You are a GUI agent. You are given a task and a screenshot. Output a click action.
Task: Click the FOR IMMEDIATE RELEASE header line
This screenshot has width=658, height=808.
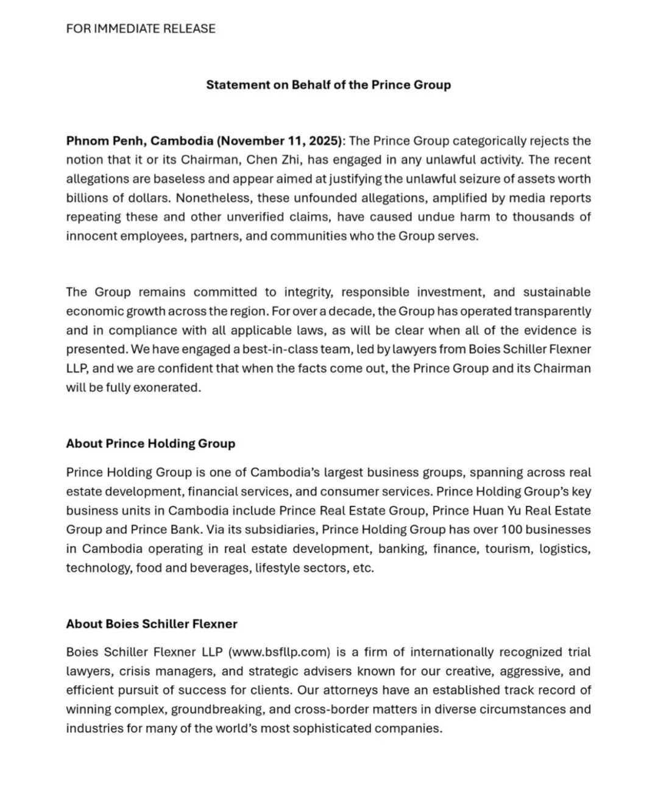click(141, 29)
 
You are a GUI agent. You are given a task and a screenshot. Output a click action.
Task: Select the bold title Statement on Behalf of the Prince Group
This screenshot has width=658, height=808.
click(328, 85)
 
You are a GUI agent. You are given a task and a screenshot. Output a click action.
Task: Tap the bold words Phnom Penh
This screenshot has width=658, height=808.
click(105, 141)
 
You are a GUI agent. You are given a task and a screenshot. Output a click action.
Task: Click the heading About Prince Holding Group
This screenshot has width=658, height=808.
click(150, 443)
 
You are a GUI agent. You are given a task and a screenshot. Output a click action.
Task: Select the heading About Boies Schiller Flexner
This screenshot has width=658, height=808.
click(152, 624)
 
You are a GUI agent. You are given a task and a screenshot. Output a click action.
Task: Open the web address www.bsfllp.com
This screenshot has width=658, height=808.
click(279, 652)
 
